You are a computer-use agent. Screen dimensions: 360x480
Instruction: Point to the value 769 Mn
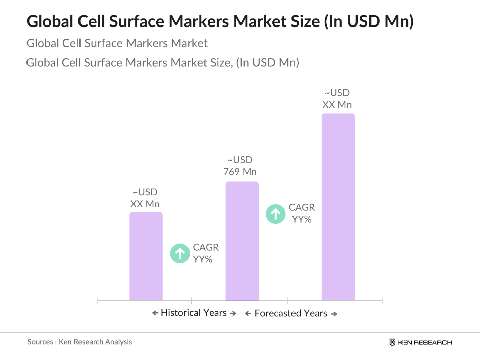pyautogui.click(x=240, y=172)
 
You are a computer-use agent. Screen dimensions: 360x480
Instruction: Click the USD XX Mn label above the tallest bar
pyautogui.click(x=337, y=99)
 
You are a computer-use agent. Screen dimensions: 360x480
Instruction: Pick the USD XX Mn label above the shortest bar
pyautogui.click(x=145, y=198)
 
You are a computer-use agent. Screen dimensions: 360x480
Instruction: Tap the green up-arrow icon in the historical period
pyautogui.click(x=180, y=253)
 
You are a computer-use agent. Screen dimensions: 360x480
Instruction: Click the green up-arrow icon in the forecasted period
pyautogui.click(x=275, y=214)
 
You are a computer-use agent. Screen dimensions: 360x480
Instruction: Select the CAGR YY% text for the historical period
pyautogui.click(x=205, y=253)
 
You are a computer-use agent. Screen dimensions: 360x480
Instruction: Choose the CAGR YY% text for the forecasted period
pyautogui.click(x=302, y=213)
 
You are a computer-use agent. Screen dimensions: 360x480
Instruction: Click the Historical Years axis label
pyautogui.click(x=194, y=313)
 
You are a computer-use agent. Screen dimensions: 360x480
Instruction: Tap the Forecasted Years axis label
pyautogui.click(x=290, y=313)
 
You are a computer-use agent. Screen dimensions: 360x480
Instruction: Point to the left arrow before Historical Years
pyautogui.click(x=155, y=313)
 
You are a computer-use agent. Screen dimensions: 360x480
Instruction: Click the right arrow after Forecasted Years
pyautogui.click(x=334, y=314)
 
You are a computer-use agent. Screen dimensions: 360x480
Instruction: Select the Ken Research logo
pyautogui.click(x=421, y=342)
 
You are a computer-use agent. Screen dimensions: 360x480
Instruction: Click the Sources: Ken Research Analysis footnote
pyautogui.click(x=79, y=342)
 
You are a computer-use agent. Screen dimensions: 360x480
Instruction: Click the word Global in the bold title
pyautogui.click(x=50, y=21)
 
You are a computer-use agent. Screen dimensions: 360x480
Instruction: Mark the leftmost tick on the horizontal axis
pyautogui.click(x=97, y=300)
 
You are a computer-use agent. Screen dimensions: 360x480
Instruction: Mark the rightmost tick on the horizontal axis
pyautogui.click(x=383, y=300)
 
